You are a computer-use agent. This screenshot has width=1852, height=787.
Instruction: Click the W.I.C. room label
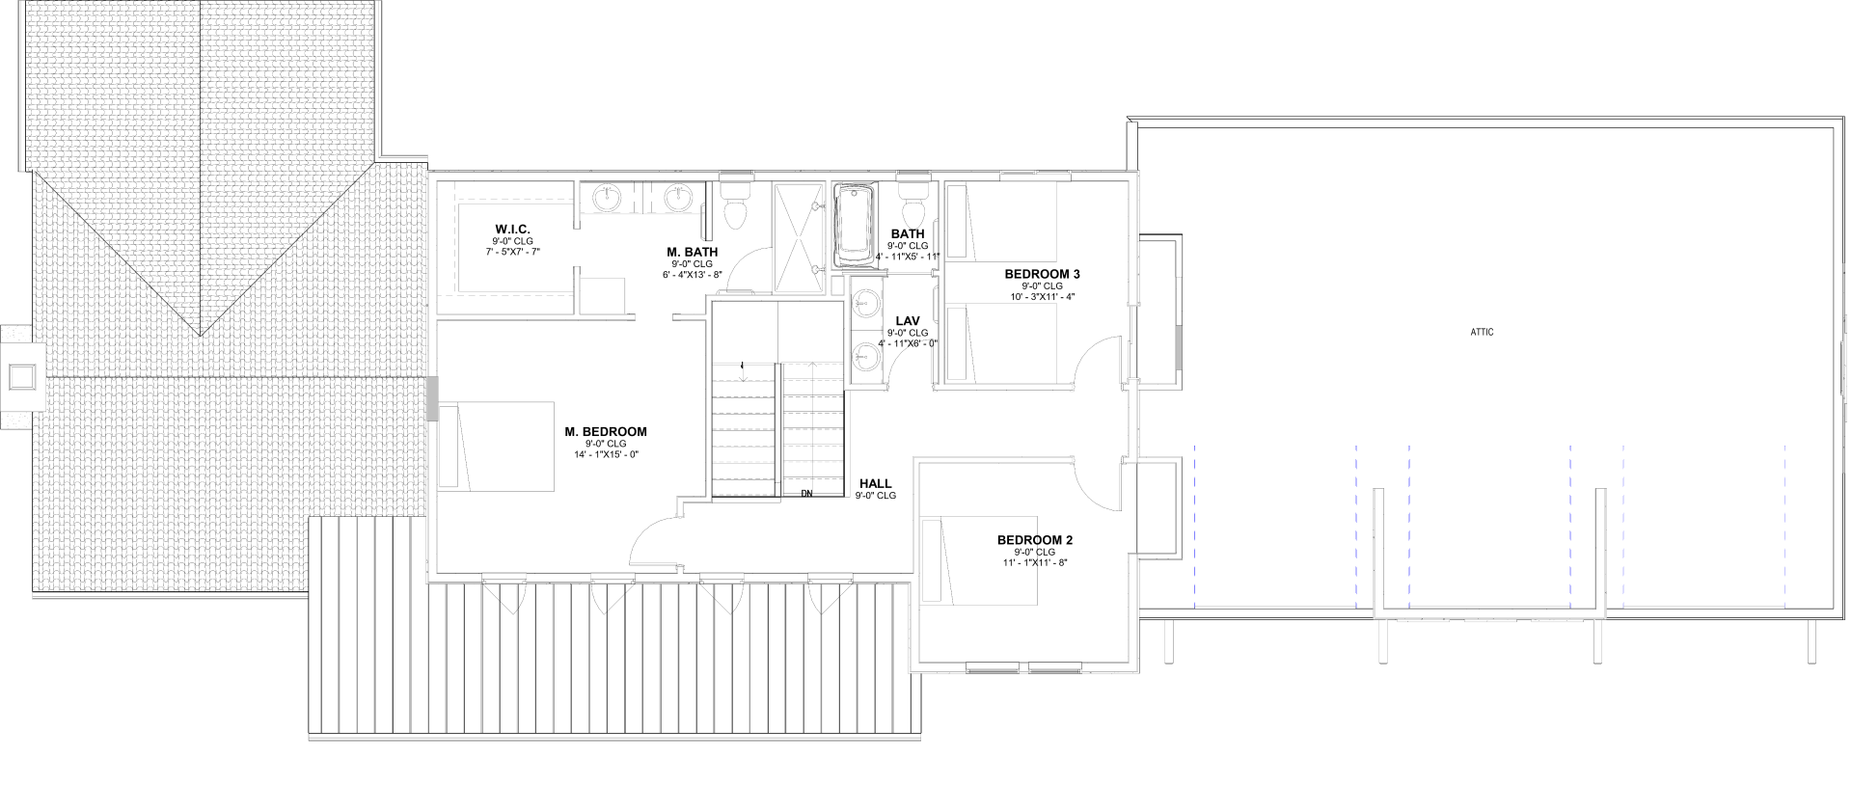click(513, 229)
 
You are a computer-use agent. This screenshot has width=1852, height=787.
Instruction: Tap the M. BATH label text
click(693, 252)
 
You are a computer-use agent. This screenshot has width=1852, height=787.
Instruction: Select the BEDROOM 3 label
click(1042, 274)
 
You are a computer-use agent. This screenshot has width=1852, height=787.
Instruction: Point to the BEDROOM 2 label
click(1035, 540)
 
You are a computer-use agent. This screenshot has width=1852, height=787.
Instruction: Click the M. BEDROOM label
click(606, 432)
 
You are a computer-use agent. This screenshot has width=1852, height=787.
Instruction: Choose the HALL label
click(875, 484)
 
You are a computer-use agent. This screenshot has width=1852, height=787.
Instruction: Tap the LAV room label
click(907, 321)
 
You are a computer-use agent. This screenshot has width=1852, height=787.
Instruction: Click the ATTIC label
click(1482, 332)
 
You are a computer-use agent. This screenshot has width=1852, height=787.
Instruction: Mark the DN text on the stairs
click(806, 494)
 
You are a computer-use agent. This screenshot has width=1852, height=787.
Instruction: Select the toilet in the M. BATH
click(734, 201)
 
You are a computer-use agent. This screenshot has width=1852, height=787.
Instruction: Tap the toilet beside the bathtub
click(912, 201)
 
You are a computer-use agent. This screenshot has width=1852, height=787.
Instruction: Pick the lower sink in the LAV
click(866, 355)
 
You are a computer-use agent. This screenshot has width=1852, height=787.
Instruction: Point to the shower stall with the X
click(802, 237)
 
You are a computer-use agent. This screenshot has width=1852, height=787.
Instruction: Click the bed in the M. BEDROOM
click(497, 447)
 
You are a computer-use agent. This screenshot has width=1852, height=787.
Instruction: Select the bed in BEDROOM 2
click(979, 561)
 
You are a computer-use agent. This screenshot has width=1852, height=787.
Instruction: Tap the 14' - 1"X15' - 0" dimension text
click(606, 454)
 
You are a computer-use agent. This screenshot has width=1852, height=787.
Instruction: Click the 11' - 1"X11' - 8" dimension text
click(1035, 562)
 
